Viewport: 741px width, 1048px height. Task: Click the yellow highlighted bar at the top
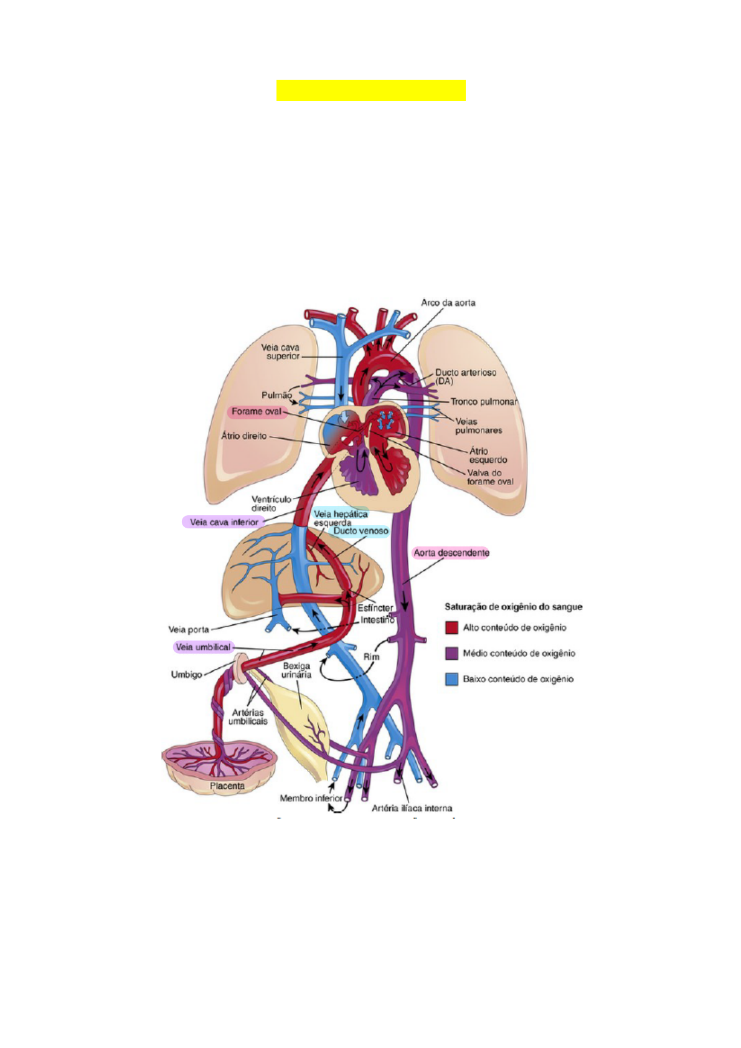coord(370,90)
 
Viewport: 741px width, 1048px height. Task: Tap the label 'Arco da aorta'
coord(448,303)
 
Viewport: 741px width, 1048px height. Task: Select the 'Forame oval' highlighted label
coord(257,412)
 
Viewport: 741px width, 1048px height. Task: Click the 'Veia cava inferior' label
coord(224,522)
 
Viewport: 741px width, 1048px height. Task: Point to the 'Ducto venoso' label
coord(361,531)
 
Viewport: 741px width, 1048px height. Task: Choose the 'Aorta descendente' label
coord(451,553)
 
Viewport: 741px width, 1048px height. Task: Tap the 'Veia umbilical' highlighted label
coord(203,647)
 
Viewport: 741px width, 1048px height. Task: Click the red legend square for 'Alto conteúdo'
coord(451,627)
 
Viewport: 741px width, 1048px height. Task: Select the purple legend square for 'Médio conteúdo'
coord(451,653)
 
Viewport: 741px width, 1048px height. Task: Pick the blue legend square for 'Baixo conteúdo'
coord(451,679)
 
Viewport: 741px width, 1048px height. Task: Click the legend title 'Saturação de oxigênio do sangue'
coord(513,606)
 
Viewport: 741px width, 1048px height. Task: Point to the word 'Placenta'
coord(227,786)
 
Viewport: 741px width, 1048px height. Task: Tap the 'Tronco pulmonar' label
coord(484,401)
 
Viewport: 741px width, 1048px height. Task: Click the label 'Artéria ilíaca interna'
coord(412,808)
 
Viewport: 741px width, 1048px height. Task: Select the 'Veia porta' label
coord(189,629)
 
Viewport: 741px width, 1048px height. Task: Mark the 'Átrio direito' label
coord(243,436)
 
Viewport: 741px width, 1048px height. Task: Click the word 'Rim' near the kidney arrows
coord(371,657)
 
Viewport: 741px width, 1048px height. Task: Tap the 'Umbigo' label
coord(186,674)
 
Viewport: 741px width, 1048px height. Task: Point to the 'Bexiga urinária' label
coord(296,670)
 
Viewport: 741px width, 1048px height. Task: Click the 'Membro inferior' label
coord(311,798)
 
